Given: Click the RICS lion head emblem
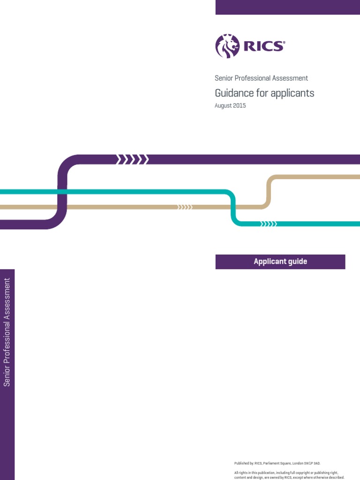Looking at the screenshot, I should (227, 46).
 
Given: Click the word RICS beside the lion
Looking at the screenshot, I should (263, 46).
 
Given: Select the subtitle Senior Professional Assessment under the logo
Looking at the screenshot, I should (261, 78).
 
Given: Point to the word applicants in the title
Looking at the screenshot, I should (294, 93).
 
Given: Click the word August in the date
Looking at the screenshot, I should (223, 106).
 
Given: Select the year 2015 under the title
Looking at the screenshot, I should (239, 106).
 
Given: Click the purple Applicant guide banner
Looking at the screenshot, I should (280, 262).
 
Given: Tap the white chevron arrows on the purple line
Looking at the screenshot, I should (132, 160).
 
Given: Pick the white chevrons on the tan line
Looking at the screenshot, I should (185, 207).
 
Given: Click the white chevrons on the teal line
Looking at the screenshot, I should (269, 224).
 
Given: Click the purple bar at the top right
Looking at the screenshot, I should (287, 7).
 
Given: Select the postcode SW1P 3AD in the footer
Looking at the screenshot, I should (311, 463).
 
